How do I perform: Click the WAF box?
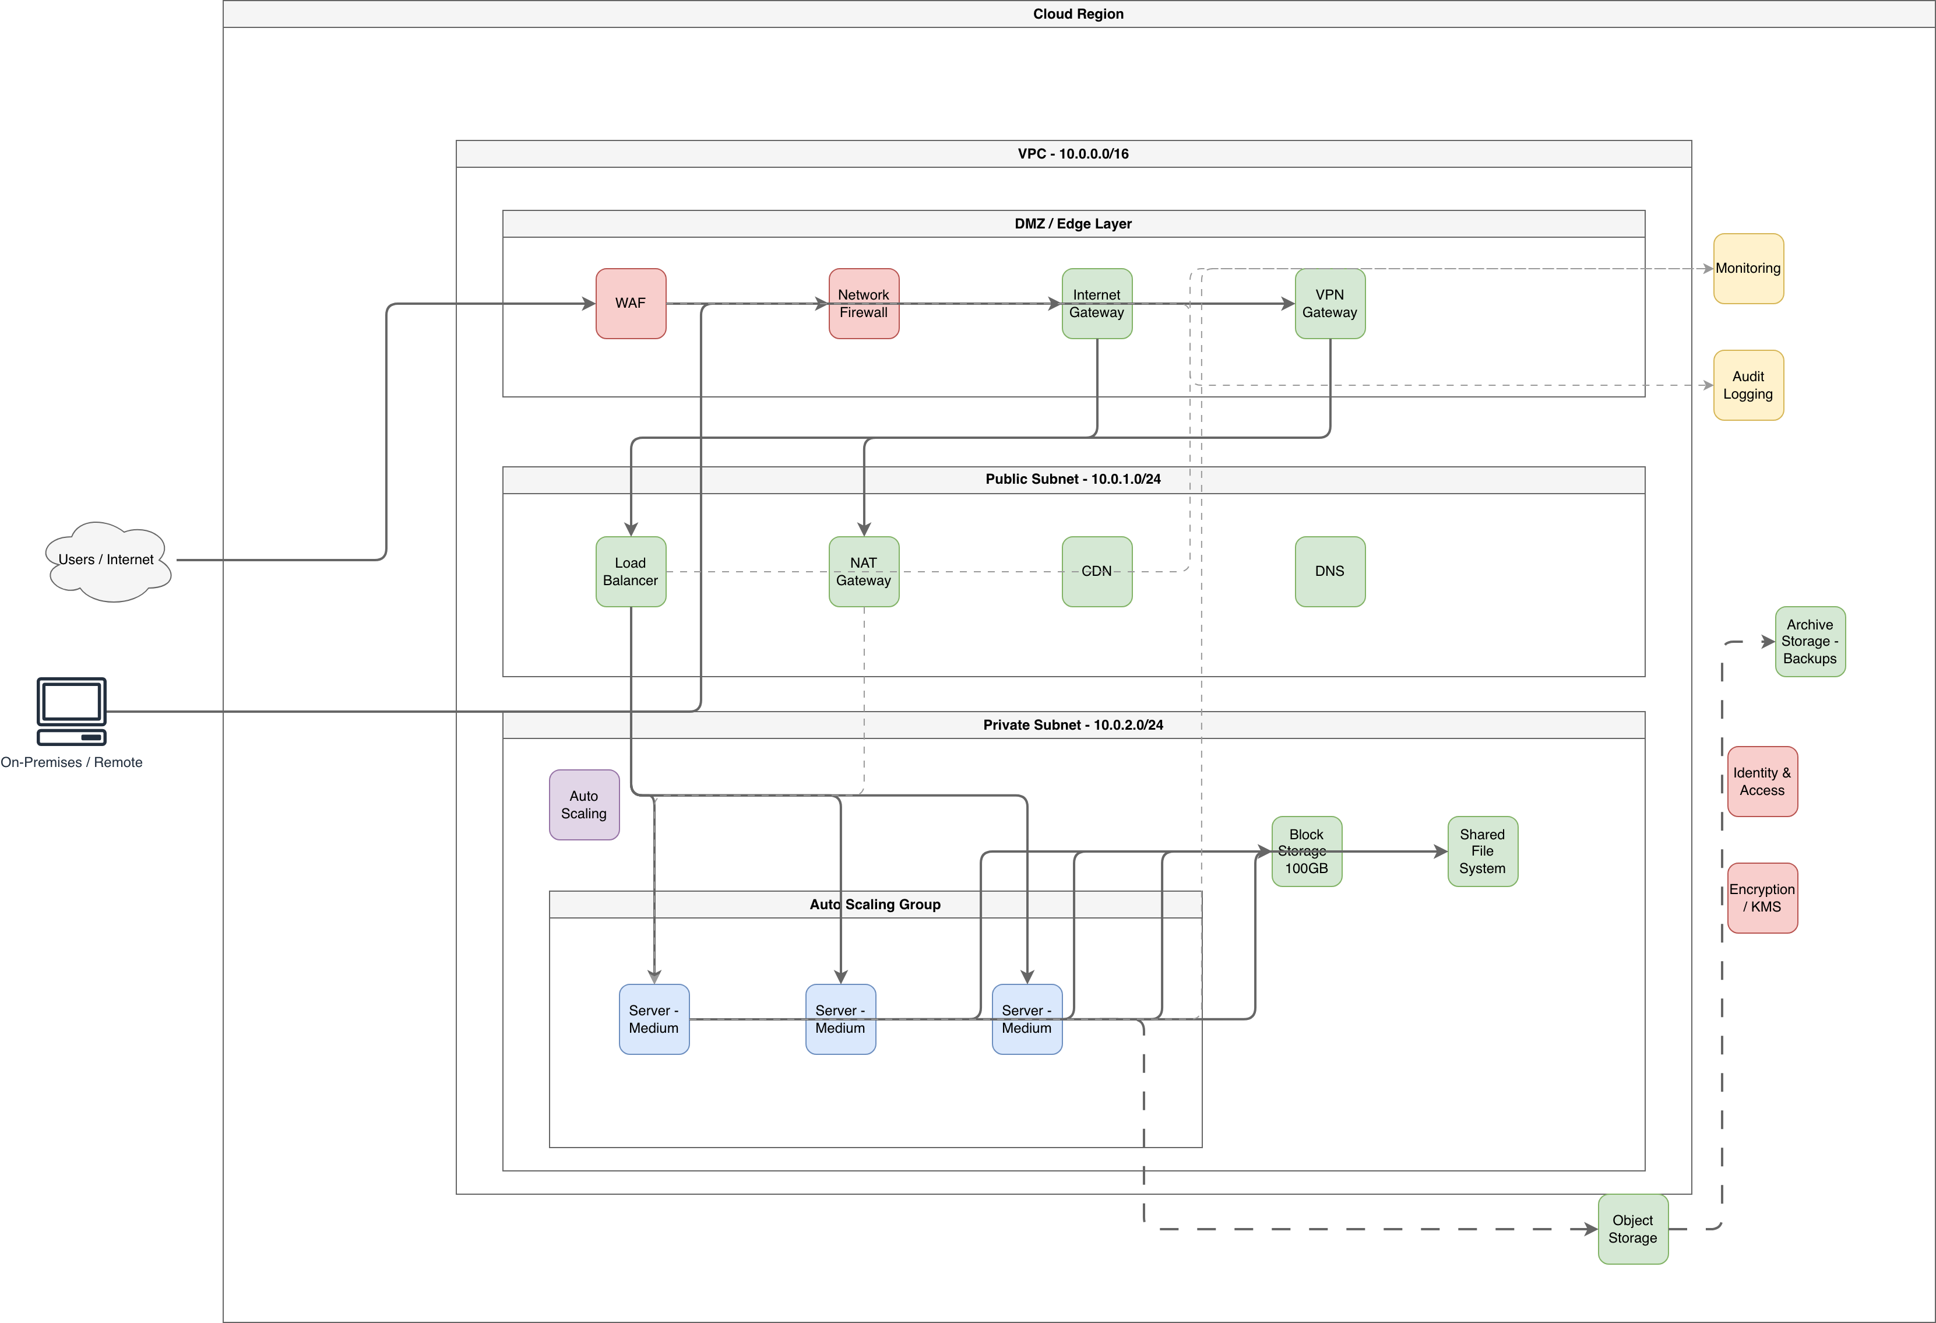pos(631,303)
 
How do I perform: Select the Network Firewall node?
pos(864,303)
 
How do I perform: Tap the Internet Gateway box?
pos(1097,303)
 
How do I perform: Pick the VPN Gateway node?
pos(1330,303)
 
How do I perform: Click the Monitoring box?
pos(1748,268)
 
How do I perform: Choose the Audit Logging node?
pos(1748,385)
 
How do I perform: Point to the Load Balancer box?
pos(631,572)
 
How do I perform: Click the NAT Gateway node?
pos(864,572)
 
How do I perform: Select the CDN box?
pos(1097,572)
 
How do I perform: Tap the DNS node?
pos(1330,572)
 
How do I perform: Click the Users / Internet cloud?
pos(107,561)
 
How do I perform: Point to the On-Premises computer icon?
pos(72,712)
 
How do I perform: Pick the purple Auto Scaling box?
pos(584,805)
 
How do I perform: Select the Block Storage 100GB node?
pos(1307,851)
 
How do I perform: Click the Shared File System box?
pos(1483,851)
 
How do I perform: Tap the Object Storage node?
pos(1633,1229)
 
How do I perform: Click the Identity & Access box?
pos(1763,782)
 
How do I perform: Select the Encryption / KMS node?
pos(1763,898)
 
